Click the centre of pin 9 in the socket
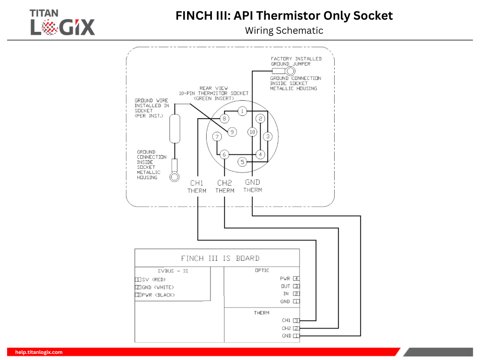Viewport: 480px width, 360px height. (x=232, y=132)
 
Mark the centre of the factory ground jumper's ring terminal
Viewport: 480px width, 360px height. (x=290, y=71)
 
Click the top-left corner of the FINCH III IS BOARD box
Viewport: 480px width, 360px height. (x=135, y=249)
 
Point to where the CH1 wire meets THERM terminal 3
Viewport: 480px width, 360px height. (x=299, y=321)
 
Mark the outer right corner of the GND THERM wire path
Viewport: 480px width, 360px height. (x=360, y=216)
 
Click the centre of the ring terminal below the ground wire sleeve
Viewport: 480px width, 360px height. (x=174, y=177)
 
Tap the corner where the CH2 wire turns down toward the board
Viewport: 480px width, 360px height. (x=338, y=228)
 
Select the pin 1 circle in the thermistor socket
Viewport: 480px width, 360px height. (x=242, y=111)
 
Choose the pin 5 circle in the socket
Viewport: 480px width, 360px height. (x=242, y=162)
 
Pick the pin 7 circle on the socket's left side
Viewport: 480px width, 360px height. (x=217, y=136)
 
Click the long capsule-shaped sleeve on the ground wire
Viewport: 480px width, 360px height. (x=175, y=128)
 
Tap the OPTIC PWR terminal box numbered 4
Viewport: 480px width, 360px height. (x=296, y=278)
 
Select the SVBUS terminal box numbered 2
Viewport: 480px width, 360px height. (x=138, y=287)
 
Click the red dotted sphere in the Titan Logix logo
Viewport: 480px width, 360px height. (x=49, y=27)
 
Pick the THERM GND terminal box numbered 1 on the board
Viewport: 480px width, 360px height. (x=296, y=336)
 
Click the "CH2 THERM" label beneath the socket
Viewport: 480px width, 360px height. (x=225, y=187)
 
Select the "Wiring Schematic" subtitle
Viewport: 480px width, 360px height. (x=284, y=30)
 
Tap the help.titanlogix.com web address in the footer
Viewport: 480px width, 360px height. (x=39, y=352)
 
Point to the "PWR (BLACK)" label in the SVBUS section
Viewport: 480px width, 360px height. (x=158, y=295)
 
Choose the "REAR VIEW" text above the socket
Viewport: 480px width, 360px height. (x=214, y=88)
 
